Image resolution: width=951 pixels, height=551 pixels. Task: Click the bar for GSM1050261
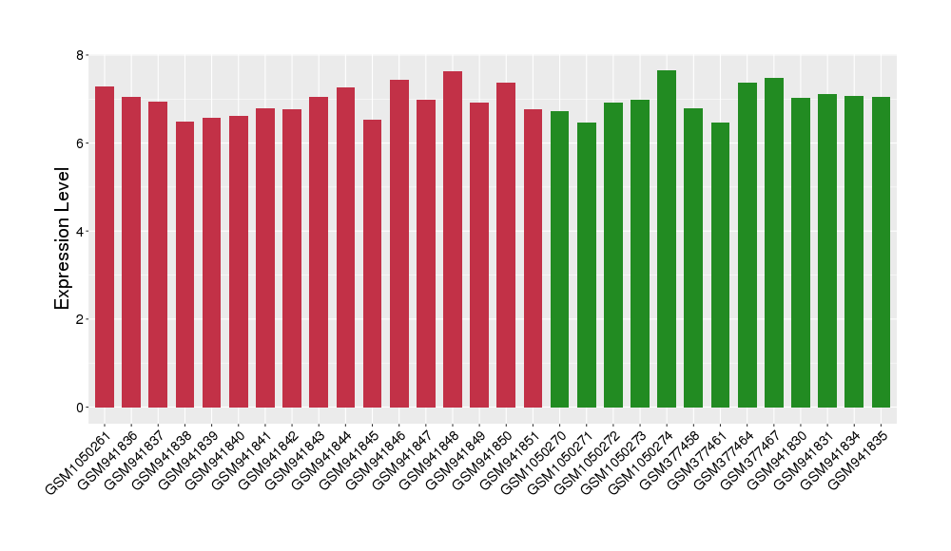click(105, 247)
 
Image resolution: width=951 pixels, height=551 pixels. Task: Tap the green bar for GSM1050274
click(667, 238)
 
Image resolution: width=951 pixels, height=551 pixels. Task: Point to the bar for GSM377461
click(720, 265)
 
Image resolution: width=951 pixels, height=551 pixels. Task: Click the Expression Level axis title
click(62, 238)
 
